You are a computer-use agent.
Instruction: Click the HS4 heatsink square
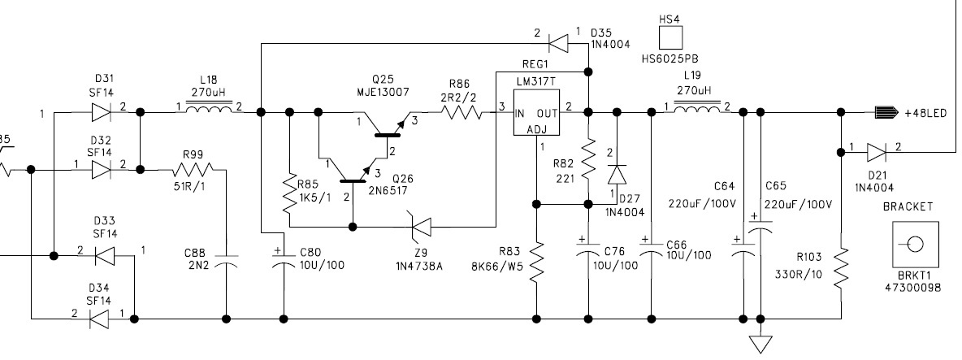coord(670,37)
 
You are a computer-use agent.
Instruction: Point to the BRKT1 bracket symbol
coord(913,244)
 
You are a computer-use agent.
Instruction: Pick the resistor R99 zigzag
coord(193,170)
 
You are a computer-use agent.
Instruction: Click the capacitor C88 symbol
coord(226,261)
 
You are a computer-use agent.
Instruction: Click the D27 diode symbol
coord(617,175)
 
